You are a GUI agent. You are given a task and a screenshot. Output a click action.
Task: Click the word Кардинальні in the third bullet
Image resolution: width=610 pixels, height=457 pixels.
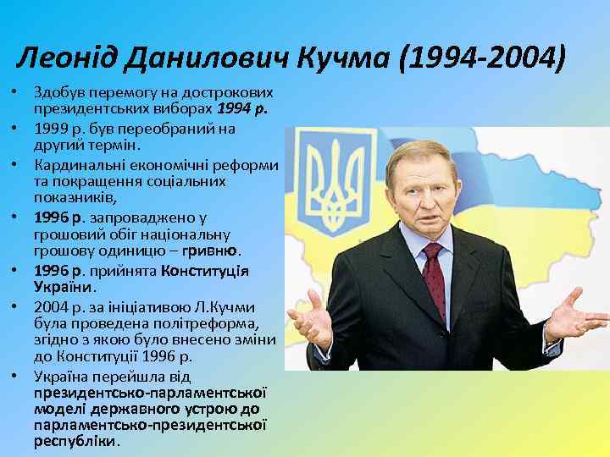[x=72, y=164]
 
